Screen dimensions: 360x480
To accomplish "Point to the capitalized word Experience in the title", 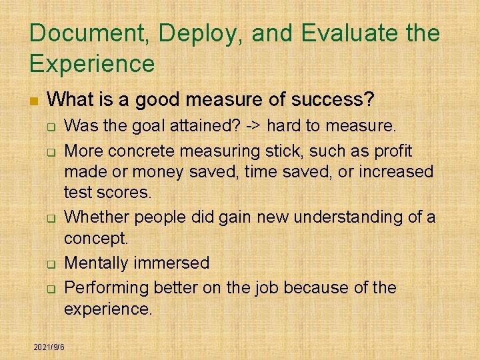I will pos(92,64).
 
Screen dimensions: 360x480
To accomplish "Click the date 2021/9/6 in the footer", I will pos(49,347).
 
